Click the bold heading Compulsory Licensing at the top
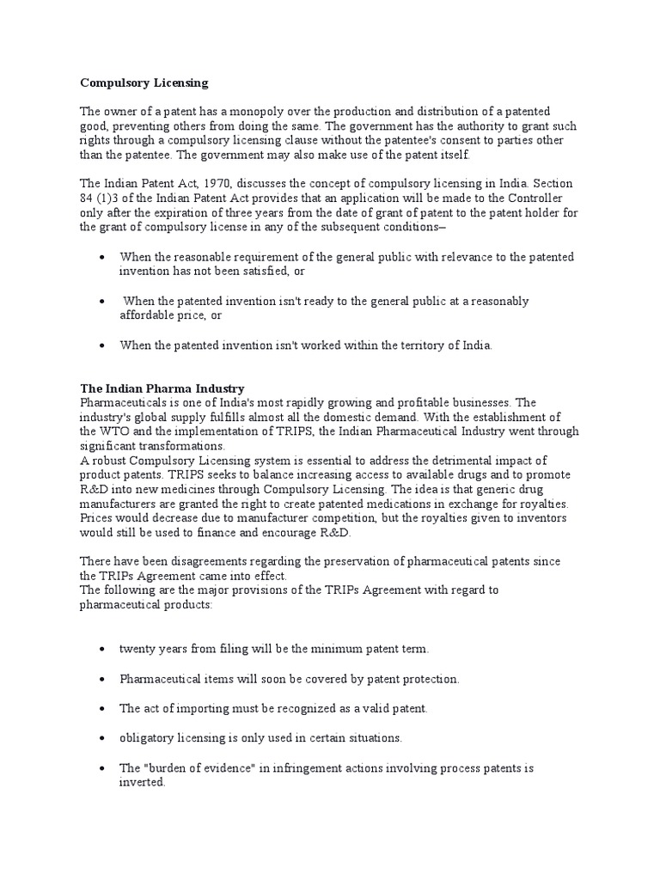coord(144,83)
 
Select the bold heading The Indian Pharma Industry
coord(162,388)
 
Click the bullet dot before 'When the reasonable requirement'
coord(103,257)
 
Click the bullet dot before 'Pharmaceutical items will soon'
coord(103,679)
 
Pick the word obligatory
coord(148,738)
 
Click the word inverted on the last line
coord(142,783)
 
